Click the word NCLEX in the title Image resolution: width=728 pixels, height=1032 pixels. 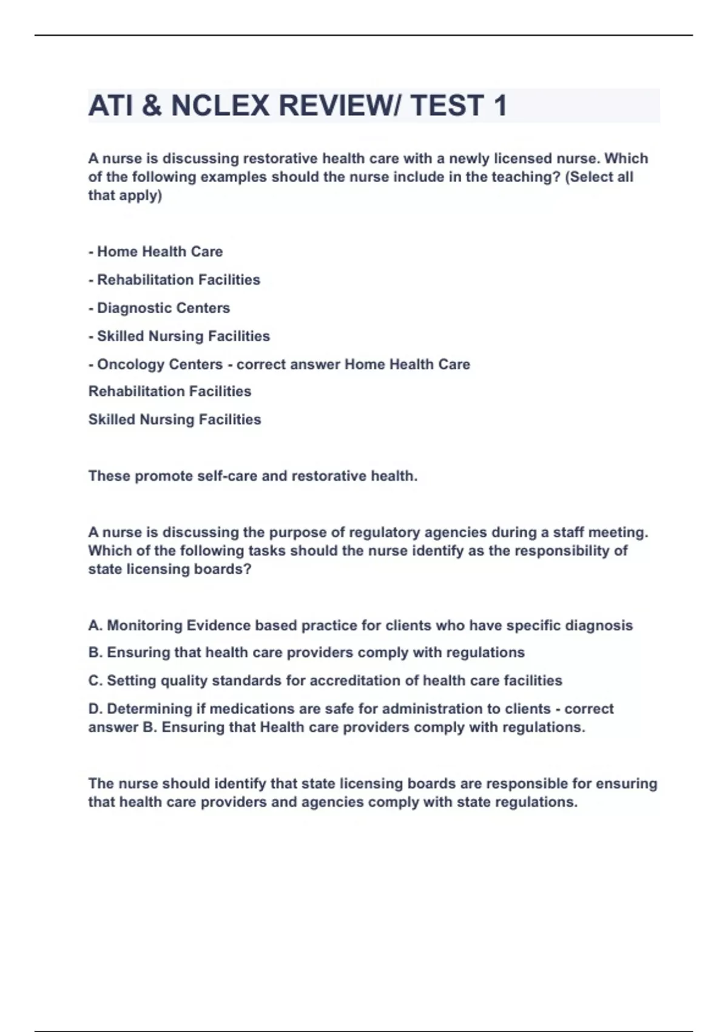(x=220, y=106)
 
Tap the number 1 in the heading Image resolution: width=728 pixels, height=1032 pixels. (x=500, y=106)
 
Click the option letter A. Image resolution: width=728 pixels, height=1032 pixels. (x=95, y=625)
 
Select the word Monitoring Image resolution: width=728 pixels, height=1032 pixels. (x=144, y=625)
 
